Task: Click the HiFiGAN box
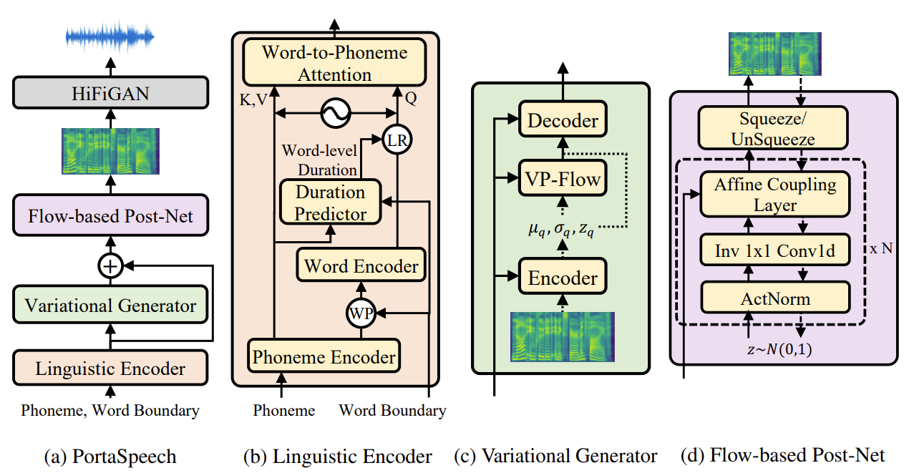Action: (110, 93)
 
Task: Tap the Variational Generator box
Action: (110, 306)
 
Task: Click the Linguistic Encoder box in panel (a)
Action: (110, 369)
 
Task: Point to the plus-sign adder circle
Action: (110, 267)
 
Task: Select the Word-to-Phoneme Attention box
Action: (335, 64)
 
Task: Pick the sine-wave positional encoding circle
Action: (335, 112)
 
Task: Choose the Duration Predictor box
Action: (331, 203)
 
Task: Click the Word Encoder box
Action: (361, 266)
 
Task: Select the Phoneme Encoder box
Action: (324, 356)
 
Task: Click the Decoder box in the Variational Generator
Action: (563, 120)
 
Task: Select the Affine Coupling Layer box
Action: (775, 195)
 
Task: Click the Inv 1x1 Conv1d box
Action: (775, 251)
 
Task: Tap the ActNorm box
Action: (775, 296)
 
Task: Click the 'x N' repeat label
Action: (881, 248)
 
